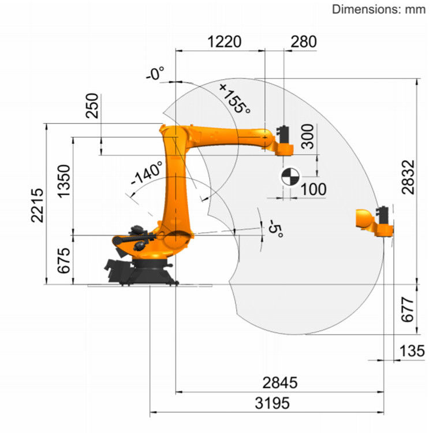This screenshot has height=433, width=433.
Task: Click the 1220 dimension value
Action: (x=224, y=42)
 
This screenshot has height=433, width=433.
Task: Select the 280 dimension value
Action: (x=304, y=42)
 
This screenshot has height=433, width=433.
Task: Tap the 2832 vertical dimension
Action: (x=408, y=177)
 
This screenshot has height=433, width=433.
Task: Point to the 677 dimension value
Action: (x=408, y=309)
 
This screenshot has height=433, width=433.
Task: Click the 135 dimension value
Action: (x=412, y=351)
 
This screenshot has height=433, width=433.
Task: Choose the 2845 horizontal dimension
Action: (x=280, y=383)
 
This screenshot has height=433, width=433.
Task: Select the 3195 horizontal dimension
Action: (x=272, y=403)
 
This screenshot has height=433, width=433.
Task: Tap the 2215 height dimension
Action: (x=38, y=205)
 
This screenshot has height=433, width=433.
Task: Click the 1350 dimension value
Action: (x=64, y=181)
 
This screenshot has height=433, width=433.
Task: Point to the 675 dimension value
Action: (x=64, y=260)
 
